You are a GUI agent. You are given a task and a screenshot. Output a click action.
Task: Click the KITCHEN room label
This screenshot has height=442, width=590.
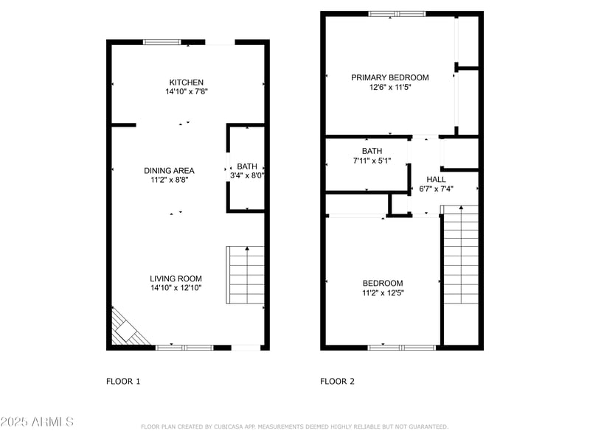(x=186, y=83)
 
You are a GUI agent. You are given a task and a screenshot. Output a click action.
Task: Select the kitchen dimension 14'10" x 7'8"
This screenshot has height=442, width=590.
(x=186, y=92)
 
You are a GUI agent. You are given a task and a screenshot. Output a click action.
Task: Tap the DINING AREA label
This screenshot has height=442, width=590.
(x=169, y=171)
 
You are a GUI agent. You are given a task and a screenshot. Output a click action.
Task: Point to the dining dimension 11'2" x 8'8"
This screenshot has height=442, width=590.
(x=169, y=180)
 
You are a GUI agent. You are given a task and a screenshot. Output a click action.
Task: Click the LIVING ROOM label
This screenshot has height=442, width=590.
(x=176, y=279)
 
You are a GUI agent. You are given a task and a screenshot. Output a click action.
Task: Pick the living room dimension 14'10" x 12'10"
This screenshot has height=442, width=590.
(x=176, y=289)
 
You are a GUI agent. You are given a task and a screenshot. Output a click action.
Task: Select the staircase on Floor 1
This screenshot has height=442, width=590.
(x=245, y=276)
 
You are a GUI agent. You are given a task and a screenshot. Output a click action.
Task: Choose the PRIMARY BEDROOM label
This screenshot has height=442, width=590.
(x=389, y=77)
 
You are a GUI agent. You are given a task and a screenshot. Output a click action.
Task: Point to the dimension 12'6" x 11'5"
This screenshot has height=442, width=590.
(x=389, y=87)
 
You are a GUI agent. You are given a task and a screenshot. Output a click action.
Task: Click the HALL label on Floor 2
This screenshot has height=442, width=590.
(x=436, y=179)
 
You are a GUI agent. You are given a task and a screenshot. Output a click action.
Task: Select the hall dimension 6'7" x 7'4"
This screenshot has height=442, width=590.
(x=436, y=189)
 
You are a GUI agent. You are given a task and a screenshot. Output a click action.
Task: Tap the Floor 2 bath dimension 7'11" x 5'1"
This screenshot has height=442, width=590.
(x=372, y=161)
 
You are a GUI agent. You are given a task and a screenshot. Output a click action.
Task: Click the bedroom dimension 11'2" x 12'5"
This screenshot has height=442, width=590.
(x=383, y=293)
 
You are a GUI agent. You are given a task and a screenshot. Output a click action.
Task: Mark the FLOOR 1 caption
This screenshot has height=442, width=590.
(x=123, y=382)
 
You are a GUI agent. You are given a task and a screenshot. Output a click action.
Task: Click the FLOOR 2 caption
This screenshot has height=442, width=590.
(x=337, y=382)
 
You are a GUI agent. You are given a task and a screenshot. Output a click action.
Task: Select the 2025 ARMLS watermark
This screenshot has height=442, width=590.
(x=37, y=422)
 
